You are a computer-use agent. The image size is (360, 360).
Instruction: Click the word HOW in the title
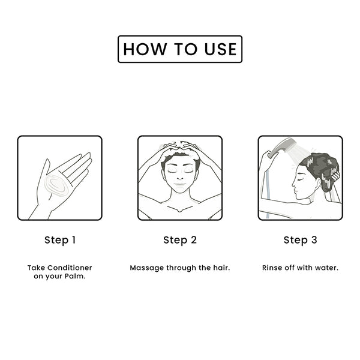145,49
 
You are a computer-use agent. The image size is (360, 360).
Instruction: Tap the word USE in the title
221,49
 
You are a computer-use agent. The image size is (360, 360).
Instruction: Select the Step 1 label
60,240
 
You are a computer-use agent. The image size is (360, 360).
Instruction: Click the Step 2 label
180,240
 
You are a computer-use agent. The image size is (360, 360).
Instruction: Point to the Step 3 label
301,240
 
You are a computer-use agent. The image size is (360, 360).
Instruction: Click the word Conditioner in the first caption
70,268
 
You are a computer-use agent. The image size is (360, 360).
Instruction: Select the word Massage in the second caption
147,268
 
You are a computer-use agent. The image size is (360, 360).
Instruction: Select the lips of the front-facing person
180,184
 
